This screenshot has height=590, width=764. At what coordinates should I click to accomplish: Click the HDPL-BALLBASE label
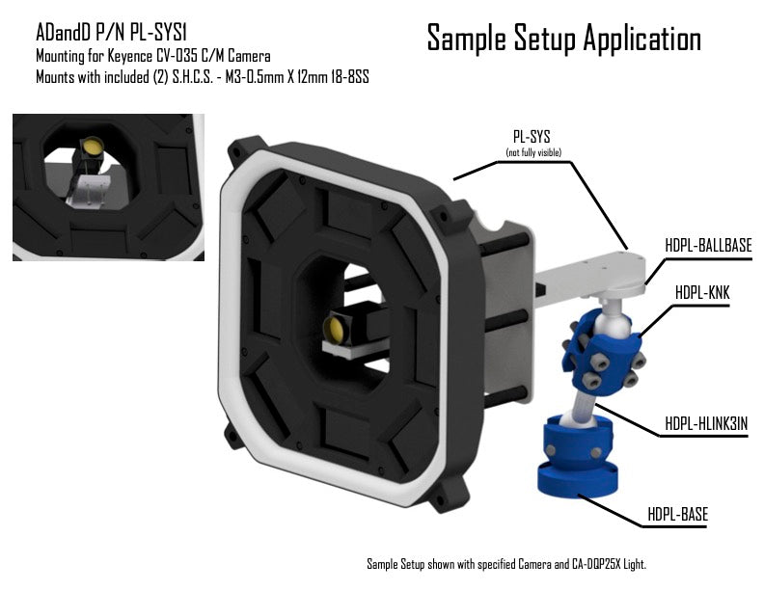click(x=708, y=245)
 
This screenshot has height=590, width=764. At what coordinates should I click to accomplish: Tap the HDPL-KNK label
click(x=702, y=293)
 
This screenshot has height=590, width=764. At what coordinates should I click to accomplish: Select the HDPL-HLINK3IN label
click(x=706, y=423)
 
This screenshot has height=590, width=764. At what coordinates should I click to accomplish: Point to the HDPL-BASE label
click(x=677, y=514)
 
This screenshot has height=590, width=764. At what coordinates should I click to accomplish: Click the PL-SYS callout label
click(x=532, y=136)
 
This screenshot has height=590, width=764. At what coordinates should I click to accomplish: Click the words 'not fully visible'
click(x=533, y=153)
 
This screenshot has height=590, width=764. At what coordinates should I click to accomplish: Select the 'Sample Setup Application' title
click(x=563, y=39)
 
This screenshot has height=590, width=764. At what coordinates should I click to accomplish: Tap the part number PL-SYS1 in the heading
click(x=158, y=33)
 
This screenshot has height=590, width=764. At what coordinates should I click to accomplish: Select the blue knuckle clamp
click(x=602, y=352)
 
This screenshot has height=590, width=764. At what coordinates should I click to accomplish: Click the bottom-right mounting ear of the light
click(x=450, y=495)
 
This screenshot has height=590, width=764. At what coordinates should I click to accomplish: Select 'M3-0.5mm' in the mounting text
click(x=255, y=77)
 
